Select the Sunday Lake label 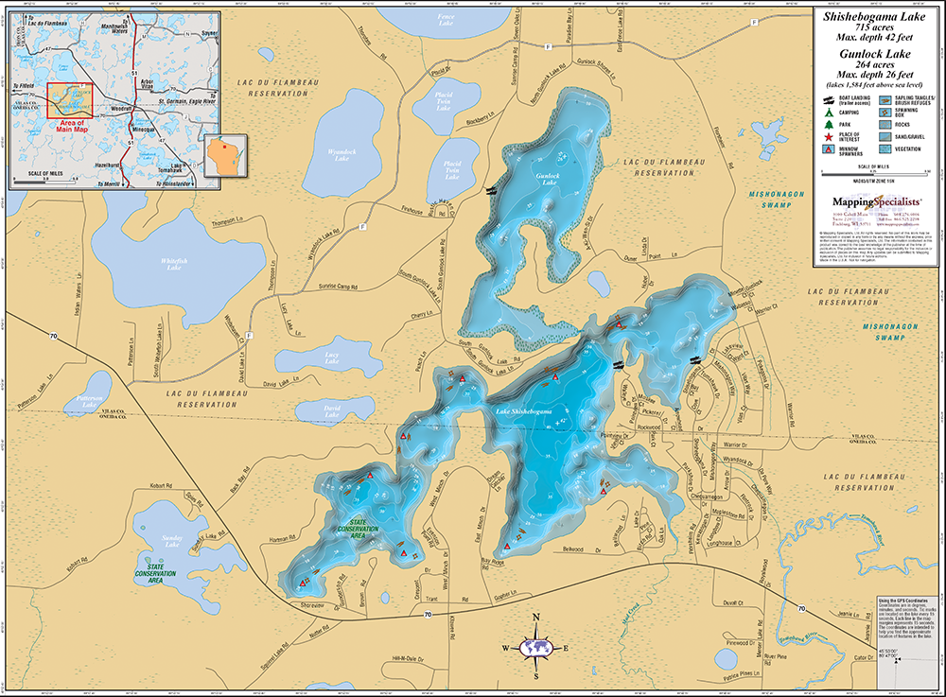coord(171,541)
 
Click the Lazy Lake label coord(331,357)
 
